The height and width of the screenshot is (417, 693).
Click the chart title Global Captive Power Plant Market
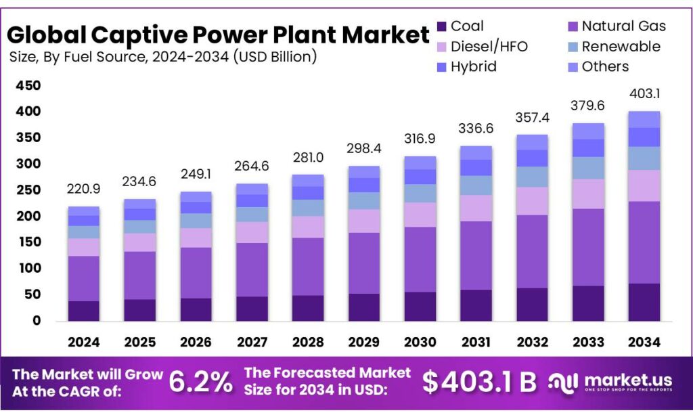click(x=218, y=35)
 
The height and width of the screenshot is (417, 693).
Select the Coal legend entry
click(x=460, y=26)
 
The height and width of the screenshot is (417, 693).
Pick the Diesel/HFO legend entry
click(x=481, y=47)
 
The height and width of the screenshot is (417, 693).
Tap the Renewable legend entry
click(x=612, y=47)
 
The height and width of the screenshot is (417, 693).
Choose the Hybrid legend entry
click(x=466, y=66)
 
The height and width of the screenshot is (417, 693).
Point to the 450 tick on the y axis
click(x=27, y=86)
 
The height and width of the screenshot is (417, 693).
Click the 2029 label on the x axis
click(x=363, y=343)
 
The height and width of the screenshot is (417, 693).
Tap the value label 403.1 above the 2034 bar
click(x=644, y=95)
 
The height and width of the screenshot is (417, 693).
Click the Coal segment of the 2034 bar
click(x=644, y=302)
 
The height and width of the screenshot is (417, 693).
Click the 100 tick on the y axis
click(x=27, y=269)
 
